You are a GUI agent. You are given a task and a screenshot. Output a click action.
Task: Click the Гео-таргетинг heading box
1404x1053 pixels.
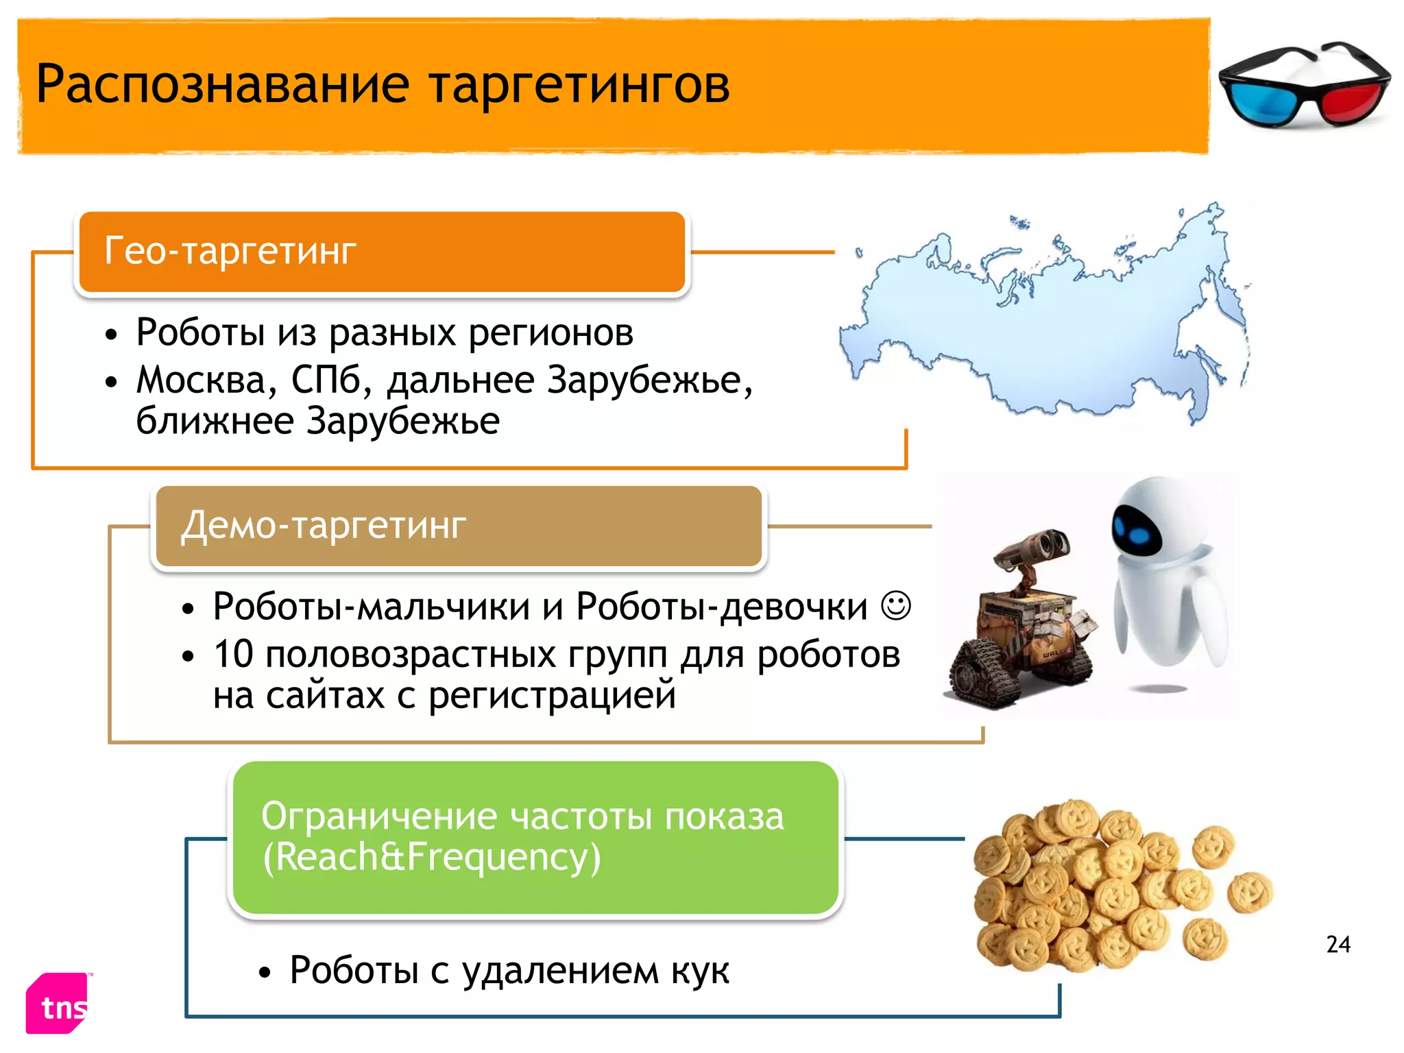pos(381,252)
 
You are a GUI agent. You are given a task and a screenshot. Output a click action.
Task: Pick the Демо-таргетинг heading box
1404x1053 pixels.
pos(459,526)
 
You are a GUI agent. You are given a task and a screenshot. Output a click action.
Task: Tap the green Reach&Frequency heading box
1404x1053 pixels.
pos(535,837)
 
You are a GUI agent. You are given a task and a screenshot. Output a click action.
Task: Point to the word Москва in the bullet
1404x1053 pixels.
pos(206,380)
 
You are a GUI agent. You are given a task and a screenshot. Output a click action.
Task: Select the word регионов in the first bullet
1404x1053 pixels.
pos(551,333)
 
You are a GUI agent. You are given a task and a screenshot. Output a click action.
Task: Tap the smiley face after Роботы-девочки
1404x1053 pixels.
pos(895,605)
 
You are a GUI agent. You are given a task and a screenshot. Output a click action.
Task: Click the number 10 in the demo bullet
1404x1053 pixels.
pos(233,654)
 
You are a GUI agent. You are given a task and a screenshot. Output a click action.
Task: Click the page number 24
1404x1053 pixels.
pos(1338,945)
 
